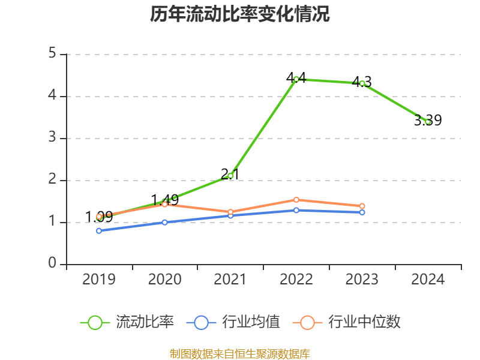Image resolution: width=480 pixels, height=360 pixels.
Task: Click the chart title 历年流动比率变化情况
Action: pos(240,14)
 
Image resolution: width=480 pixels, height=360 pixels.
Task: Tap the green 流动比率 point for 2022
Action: pos(296,79)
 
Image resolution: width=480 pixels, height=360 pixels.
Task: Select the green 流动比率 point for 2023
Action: pos(362,83)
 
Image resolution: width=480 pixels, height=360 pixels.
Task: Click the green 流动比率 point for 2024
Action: pos(428,122)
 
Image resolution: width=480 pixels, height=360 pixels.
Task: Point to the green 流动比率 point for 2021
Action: pos(230,176)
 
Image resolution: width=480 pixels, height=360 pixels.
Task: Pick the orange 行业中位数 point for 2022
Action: pos(296,200)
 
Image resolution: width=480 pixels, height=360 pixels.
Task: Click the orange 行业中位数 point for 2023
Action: pos(362,206)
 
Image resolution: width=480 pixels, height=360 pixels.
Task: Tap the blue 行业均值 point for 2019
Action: pos(99,230)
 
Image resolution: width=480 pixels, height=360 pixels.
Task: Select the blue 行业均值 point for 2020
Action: pos(165,222)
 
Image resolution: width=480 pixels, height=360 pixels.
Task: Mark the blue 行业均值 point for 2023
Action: pos(362,212)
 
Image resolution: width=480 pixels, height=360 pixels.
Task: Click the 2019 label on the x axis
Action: pos(99,280)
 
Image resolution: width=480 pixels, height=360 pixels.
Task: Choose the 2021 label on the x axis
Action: pos(230,280)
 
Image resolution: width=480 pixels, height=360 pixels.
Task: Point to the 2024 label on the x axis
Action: pos(428,280)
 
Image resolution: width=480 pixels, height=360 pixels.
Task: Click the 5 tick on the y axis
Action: pos(52,54)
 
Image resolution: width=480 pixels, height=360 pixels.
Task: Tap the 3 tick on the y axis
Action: pos(52,138)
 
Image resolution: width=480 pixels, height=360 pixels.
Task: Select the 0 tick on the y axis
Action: pos(52,264)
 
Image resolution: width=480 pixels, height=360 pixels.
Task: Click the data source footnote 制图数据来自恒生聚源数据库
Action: pos(240,354)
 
